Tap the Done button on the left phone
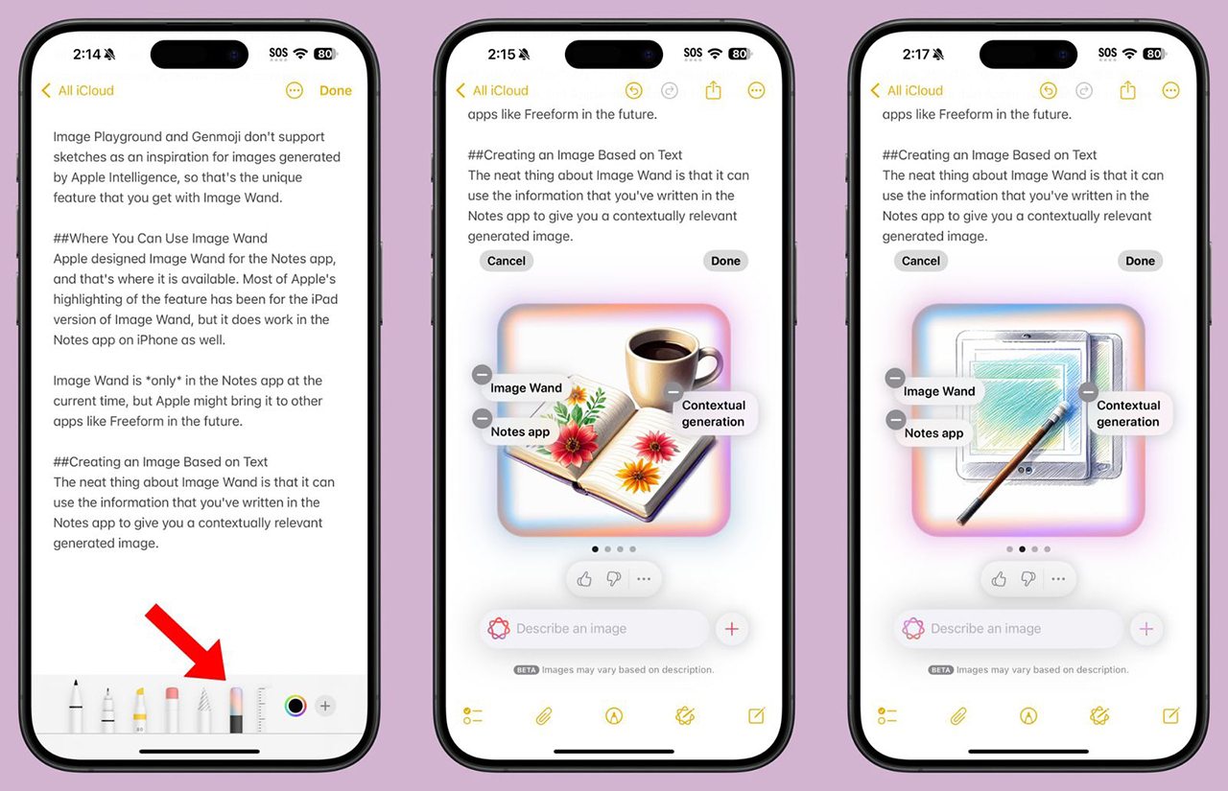[335, 91]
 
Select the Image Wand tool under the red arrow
[236, 710]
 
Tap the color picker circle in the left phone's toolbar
[295, 707]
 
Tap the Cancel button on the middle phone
[507, 261]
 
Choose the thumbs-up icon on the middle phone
[584, 579]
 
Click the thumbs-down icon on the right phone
[1027, 579]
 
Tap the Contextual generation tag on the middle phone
[713, 413]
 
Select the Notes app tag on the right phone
[933, 433]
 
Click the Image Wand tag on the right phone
[939, 391]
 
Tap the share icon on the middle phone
[713, 91]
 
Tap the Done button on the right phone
[1140, 261]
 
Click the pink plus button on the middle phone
[732, 629]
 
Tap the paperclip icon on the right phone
[957, 715]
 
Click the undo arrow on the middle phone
[633, 91]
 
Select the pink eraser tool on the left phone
[172, 710]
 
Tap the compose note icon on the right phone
[1170, 715]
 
